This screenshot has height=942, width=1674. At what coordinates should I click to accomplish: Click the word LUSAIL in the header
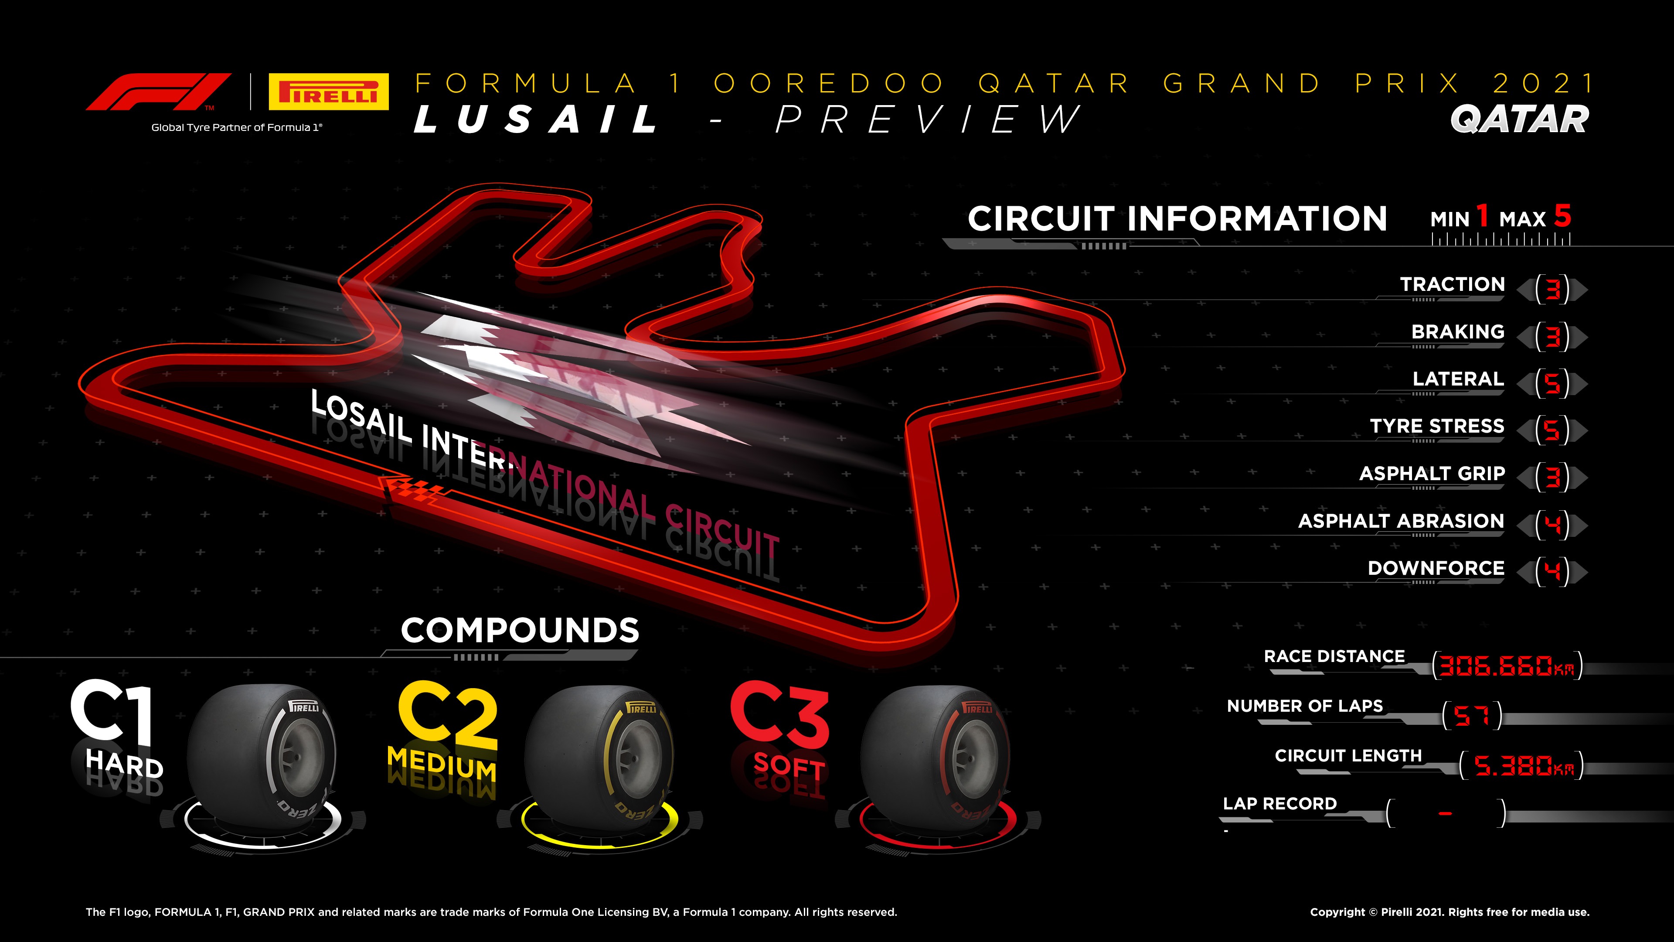pyautogui.click(x=536, y=119)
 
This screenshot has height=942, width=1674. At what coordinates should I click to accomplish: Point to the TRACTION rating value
pyautogui.click(x=1552, y=289)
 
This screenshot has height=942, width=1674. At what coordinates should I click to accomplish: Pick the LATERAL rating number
pyautogui.click(x=1552, y=384)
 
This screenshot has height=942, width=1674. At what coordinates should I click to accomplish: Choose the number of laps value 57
pyautogui.click(x=1471, y=716)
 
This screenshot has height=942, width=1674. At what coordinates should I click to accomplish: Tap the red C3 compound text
pyautogui.click(x=780, y=713)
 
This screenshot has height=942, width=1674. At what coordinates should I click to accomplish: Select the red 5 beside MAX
pyautogui.click(x=1563, y=216)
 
